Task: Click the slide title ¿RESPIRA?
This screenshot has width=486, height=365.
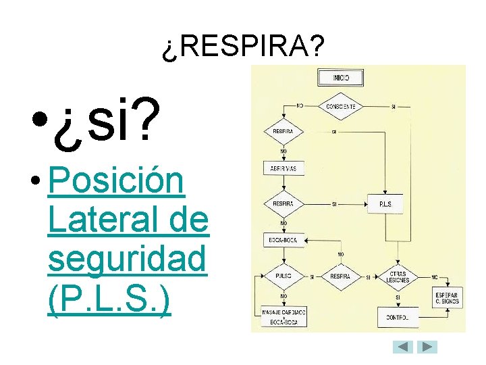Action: tap(243, 47)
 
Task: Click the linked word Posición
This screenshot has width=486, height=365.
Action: tap(116, 182)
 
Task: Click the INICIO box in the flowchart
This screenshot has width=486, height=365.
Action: tap(340, 78)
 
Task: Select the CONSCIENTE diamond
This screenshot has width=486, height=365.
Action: tap(340, 107)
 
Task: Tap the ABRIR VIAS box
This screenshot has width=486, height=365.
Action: tap(282, 168)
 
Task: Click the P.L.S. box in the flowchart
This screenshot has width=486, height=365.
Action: tap(385, 203)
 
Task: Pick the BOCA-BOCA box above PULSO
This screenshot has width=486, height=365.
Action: tap(283, 239)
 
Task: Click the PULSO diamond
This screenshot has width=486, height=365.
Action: tap(283, 276)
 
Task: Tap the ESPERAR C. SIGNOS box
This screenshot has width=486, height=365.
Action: tap(447, 298)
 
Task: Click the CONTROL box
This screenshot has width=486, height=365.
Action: tap(398, 316)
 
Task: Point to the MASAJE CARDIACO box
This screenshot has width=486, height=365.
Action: tap(283, 316)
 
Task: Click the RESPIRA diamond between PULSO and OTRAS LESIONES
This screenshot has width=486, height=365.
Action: tap(340, 276)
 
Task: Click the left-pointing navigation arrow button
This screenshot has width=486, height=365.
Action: tap(403, 347)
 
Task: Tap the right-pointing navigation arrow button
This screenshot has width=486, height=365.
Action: tap(427, 347)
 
